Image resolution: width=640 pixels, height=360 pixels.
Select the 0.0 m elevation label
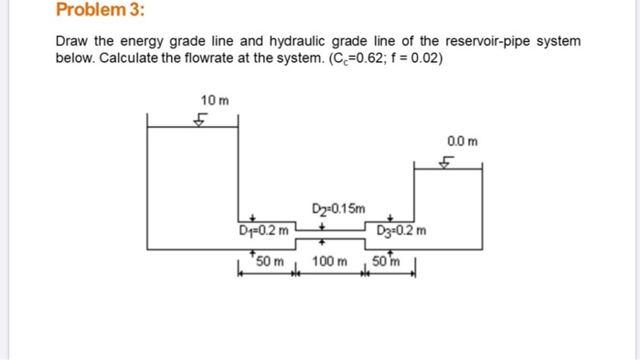click(462, 141)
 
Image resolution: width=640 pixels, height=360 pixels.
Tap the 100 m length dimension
click(329, 262)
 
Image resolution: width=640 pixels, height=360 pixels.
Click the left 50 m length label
click(271, 262)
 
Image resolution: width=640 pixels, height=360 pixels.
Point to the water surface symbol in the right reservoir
click(447, 163)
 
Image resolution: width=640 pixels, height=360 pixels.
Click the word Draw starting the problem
click(71, 42)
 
